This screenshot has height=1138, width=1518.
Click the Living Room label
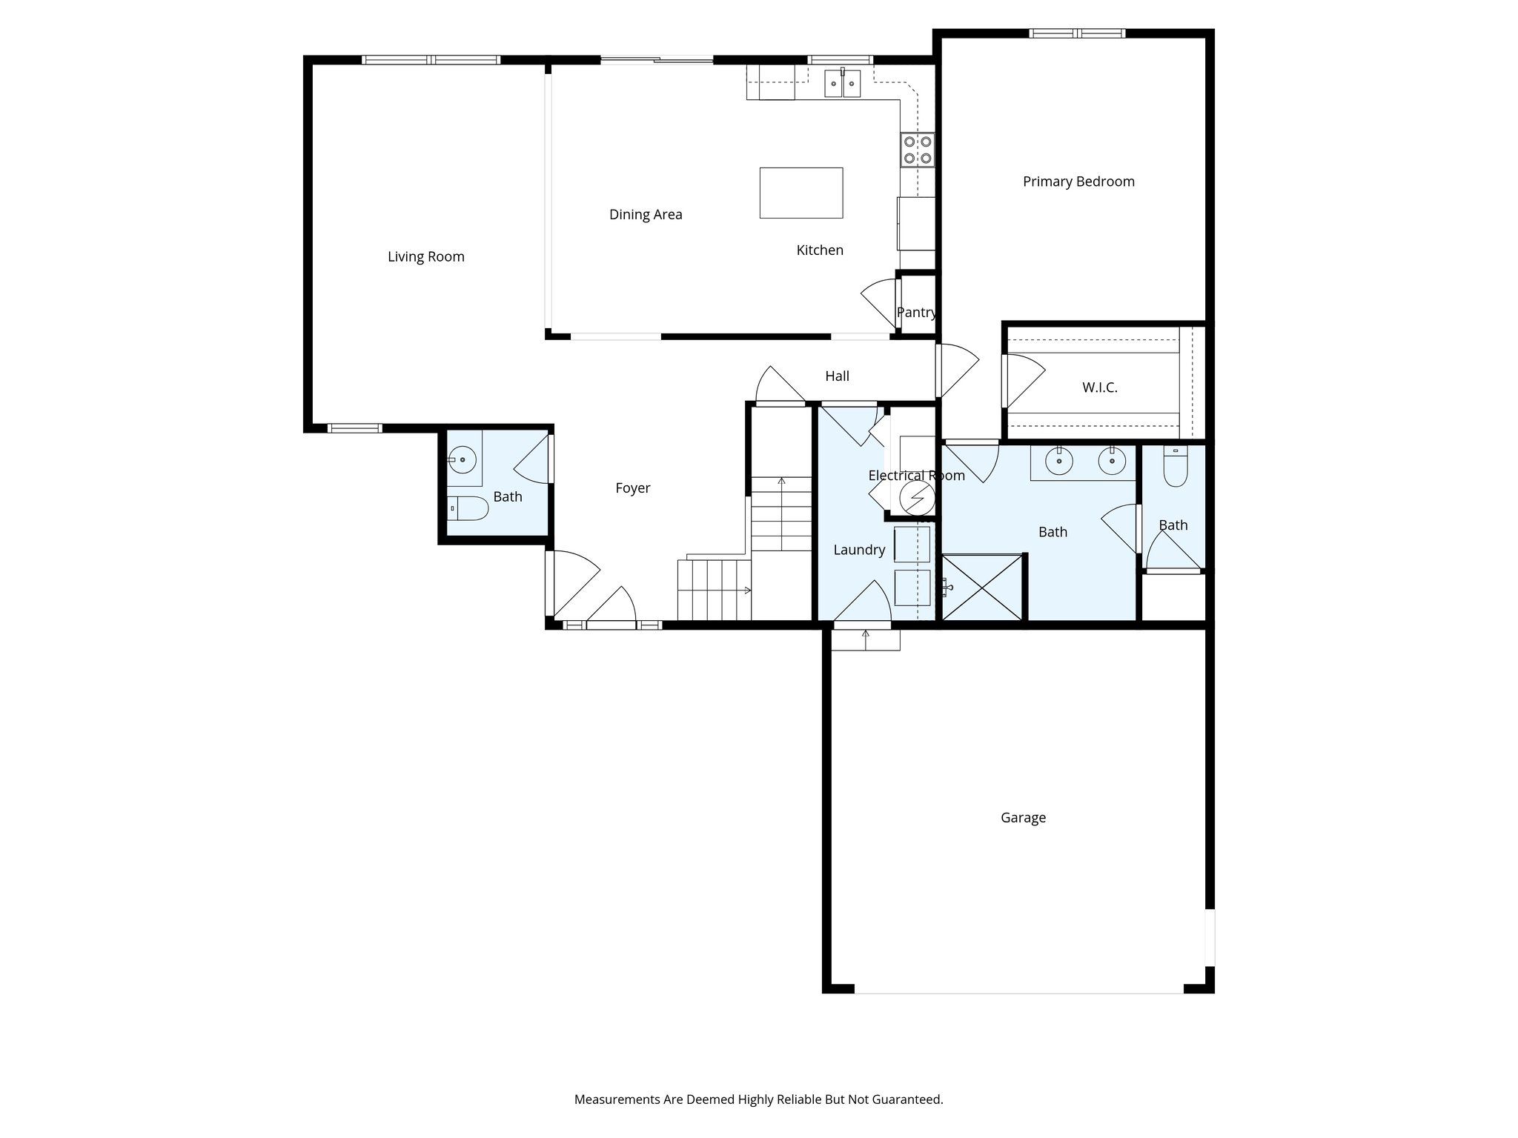point(425,257)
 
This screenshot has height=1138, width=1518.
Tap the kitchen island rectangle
point(801,193)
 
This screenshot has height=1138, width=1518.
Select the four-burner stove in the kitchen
point(918,150)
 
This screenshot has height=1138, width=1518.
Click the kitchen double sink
point(843,83)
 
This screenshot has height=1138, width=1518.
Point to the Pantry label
point(916,313)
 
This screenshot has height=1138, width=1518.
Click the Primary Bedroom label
point(1078,182)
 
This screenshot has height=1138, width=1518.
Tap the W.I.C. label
point(1099,387)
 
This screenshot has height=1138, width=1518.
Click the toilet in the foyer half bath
point(468,508)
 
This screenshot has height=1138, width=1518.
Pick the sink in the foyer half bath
point(463,460)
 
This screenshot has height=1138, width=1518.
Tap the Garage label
point(1023,818)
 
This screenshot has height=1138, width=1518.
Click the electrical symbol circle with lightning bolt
point(917,499)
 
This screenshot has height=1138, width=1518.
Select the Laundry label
point(859,550)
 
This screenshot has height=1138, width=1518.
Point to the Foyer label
point(632,488)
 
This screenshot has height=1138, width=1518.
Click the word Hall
point(837,376)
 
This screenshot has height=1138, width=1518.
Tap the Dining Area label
point(646,215)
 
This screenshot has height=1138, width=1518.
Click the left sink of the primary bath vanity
point(1059,462)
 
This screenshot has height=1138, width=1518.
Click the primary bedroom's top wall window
point(1077,33)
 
